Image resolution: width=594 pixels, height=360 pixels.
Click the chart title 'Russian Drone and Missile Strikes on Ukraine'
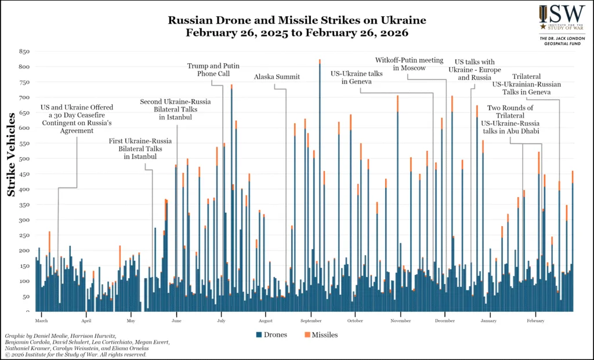tap(297, 20)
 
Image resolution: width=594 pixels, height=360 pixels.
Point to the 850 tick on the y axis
tap(24, 51)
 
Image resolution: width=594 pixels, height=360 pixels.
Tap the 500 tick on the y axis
tap(24, 158)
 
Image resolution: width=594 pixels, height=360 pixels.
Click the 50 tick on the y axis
tap(26, 296)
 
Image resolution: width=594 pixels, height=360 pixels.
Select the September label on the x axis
tap(312, 320)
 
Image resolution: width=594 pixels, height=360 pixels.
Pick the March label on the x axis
tap(41, 320)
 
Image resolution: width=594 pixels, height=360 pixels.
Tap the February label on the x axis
tap(535, 320)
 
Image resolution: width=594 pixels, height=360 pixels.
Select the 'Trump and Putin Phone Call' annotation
tap(213, 70)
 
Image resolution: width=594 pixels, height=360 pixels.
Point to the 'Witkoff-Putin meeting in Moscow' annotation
tap(409, 64)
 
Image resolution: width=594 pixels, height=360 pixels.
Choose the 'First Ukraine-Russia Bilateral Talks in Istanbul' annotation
tap(135, 149)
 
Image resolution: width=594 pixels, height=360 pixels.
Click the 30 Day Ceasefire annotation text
tap(77, 119)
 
